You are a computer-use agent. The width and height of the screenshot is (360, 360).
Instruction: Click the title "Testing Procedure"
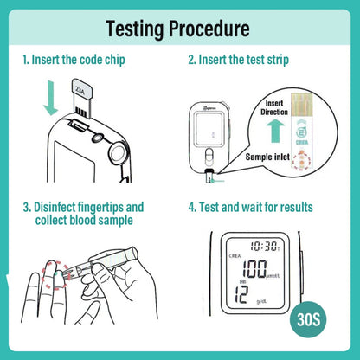(x=179, y=28)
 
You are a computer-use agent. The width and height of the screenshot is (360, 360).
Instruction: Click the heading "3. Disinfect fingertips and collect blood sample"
(x=83, y=214)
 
